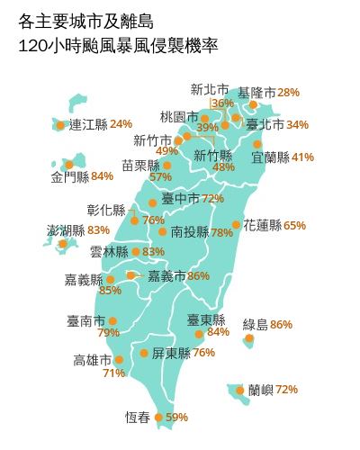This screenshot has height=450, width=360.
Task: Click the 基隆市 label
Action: coord(256,93)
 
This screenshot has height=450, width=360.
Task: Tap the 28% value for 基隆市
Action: coord(288,93)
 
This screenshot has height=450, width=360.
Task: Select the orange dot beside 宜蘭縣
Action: coord(257,144)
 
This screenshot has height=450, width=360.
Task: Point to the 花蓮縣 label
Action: coord(262,226)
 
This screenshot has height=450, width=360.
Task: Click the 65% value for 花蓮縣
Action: coord(294,226)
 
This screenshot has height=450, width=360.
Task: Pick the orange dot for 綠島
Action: coord(248,339)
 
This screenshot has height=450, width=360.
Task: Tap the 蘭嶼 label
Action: coord(260,390)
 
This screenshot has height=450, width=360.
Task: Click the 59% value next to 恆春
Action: coord(177,418)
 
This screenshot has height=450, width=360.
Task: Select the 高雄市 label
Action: coord(92,360)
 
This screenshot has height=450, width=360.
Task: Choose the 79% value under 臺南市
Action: coord(108,333)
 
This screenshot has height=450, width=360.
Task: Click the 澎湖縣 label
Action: coord(66,231)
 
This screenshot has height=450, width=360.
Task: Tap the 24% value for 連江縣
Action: coord(121,124)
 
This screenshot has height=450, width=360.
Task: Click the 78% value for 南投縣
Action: coord(221,232)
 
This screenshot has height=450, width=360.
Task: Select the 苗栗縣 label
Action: coord(140,166)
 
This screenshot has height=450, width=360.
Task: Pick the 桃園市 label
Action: coord(178,117)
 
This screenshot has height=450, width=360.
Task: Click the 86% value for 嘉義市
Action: coord(199,275)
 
